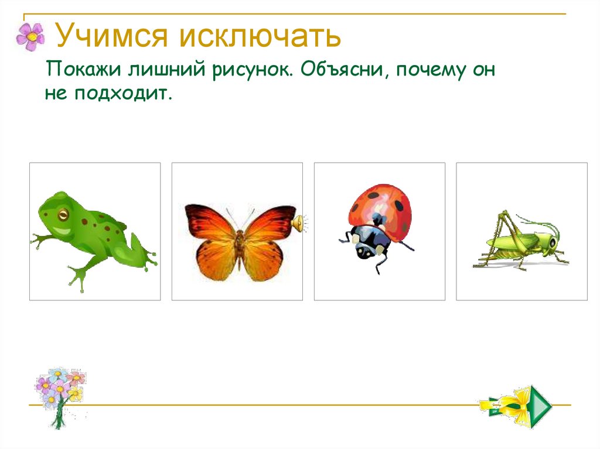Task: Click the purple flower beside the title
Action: [30, 36]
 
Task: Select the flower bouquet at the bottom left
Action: [59, 395]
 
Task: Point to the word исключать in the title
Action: [260, 36]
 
